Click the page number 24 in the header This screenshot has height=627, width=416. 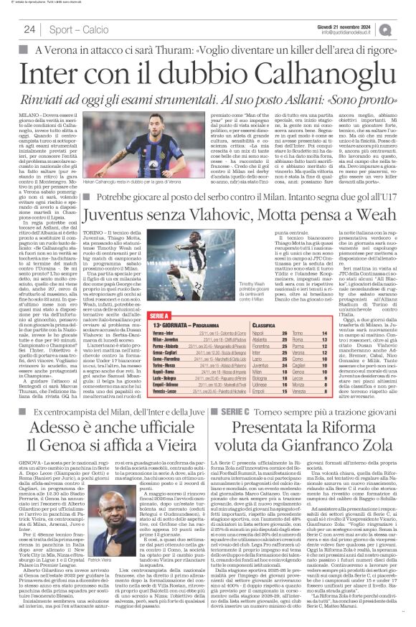pos(29,29)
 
